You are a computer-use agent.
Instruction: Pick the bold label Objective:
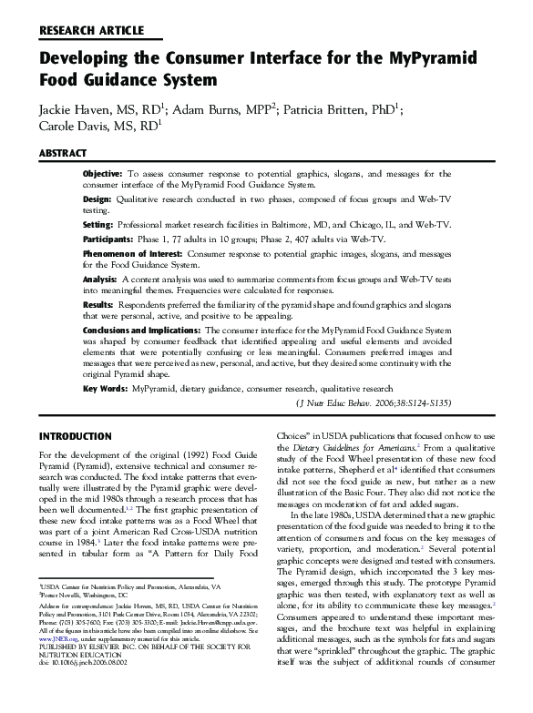pos(102,173)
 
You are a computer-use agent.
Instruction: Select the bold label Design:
pos(97,199)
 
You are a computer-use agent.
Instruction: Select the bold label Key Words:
pos(104,388)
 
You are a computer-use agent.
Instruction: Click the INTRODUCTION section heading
pos(76,435)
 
